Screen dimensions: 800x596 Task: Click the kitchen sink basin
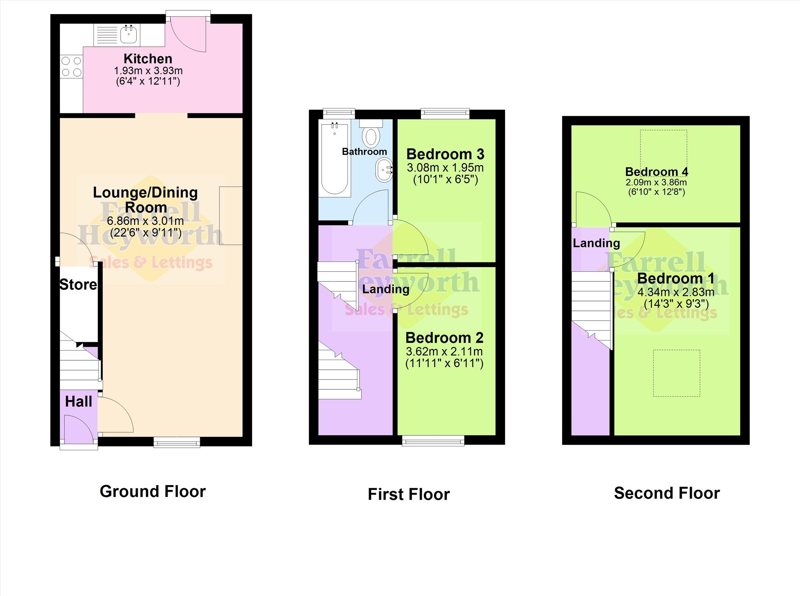tap(128, 34)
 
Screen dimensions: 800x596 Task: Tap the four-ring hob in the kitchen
tap(71, 67)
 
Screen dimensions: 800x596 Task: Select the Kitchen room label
tap(148, 59)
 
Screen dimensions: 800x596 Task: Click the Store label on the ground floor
tap(78, 285)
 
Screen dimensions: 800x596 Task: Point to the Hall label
tap(79, 402)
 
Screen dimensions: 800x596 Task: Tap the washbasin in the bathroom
tap(384, 171)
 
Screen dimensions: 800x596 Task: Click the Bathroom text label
tap(365, 151)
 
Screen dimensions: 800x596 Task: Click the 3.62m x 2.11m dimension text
tap(444, 351)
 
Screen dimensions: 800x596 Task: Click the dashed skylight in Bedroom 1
tap(677, 373)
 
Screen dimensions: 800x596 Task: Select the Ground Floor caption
tap(152, 491)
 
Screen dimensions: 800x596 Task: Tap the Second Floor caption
tap(667, 493)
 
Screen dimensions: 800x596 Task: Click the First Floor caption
tap(409, 494)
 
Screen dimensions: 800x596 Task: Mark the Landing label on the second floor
tap(596, 243)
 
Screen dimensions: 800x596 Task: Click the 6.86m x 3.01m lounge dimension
tap(145, 221)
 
